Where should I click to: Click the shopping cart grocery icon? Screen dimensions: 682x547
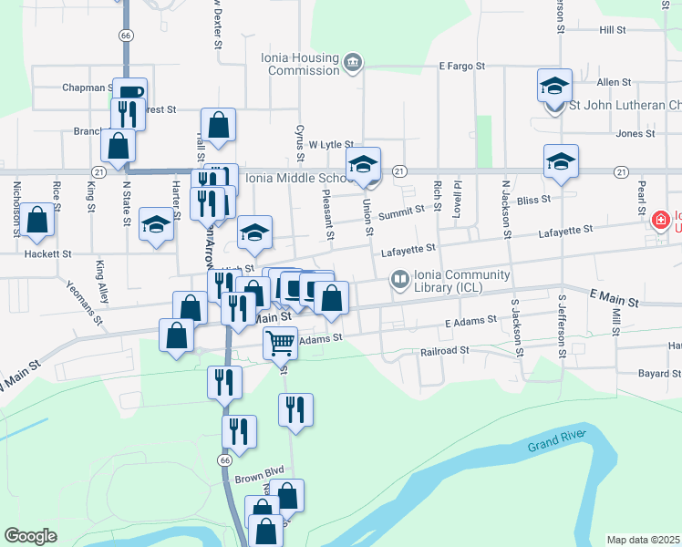(281, 344)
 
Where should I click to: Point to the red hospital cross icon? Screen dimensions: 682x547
(659, 220)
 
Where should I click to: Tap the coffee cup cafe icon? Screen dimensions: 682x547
(129, 92)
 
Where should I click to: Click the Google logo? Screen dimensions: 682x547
(30, 536)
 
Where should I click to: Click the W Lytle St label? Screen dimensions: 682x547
(330, 144)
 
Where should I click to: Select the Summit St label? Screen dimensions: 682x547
(402, 210)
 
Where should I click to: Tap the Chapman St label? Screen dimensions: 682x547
(86, 88)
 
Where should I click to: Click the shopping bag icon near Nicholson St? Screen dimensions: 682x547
(36, 220)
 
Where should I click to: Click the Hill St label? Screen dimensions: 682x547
(613, 30)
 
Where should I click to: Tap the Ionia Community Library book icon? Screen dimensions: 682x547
(399, 281)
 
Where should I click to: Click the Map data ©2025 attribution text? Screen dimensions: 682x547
(644, 540)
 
